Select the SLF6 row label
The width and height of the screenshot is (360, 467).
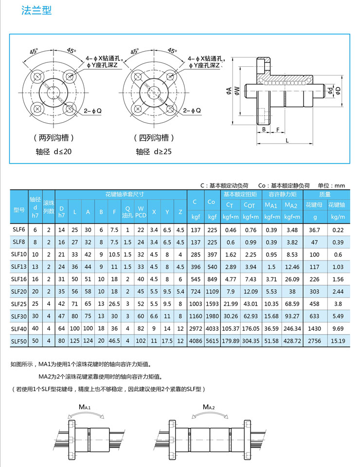pos(18,229)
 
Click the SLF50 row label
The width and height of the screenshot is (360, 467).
pos(18,341)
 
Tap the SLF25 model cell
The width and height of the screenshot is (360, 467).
pos(18,304)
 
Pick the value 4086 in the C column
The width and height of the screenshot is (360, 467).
pos(195,341)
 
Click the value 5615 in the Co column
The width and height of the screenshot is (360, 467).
pos(212,341)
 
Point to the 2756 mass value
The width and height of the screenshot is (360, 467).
pos(315,341)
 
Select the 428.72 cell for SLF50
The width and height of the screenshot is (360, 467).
pos(291,341)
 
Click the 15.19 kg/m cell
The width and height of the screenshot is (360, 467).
pos(338,341)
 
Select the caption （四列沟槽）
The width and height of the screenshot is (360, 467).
pos(154,138)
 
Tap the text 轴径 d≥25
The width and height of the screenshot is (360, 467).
pos(154,151)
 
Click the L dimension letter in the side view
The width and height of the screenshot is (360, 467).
pos(288,140)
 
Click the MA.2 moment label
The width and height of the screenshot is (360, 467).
pos(209,407)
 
